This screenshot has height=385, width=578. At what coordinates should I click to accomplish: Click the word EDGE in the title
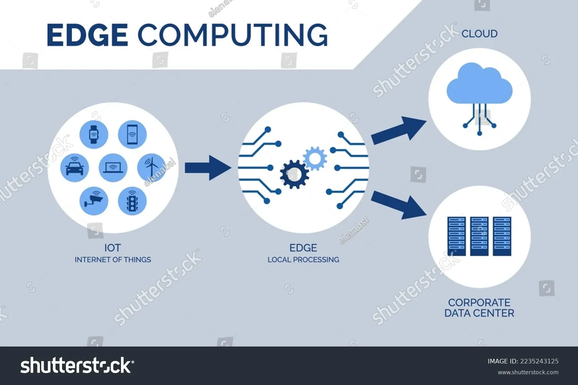pos(87,35)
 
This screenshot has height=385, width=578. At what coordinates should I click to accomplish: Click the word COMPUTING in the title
pos(233,35)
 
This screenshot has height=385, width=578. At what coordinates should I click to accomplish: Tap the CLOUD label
pos(479,34)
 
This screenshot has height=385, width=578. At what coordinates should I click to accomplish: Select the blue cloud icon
pos(479,85)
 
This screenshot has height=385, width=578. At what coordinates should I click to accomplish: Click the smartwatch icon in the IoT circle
pos(94,134)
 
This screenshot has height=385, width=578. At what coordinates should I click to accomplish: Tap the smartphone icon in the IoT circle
pos(132,134)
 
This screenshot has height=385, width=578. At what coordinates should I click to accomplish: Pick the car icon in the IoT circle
pos(75,167)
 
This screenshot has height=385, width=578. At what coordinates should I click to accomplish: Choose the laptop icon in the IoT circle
pos(113,167)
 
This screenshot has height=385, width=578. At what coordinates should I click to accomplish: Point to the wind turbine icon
pos(151,167)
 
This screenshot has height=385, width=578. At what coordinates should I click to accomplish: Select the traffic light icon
pos(132,201)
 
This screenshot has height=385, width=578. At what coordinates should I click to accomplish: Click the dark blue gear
pos(294,174)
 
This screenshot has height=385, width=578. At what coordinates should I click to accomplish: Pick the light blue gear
pos(315,158)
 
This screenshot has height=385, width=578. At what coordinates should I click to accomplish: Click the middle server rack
pos(479,236)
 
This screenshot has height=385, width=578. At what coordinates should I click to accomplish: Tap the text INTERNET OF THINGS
pos(113,260)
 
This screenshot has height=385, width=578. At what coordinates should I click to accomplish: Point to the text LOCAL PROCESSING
pos(303,260)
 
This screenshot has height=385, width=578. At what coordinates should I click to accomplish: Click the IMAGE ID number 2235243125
pos(539,361)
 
